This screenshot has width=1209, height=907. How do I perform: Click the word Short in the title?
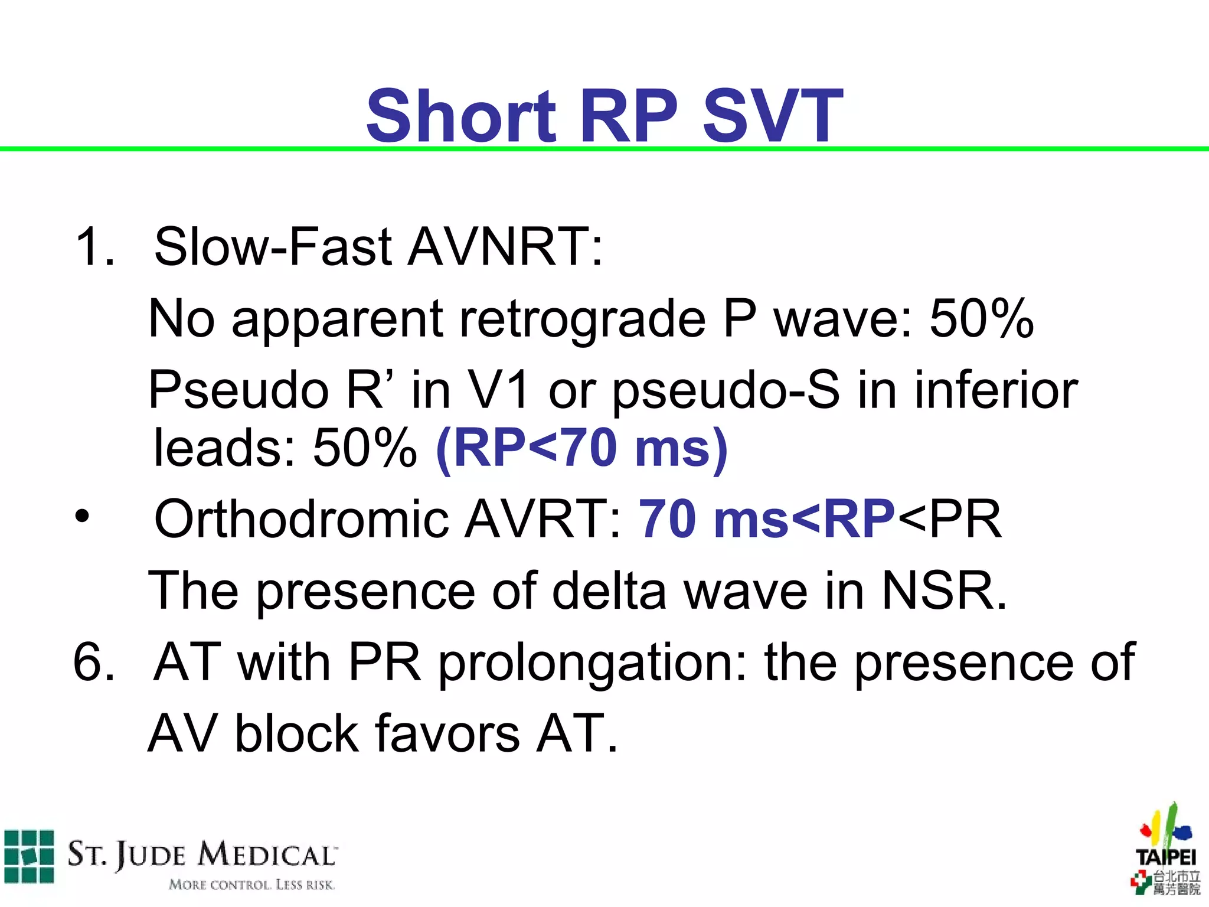click(460, 116)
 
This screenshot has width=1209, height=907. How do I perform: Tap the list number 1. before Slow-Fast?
click(94, 247)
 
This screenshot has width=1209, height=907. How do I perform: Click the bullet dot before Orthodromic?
click(82, 517)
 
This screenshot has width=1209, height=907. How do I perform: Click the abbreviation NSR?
click(943, 590)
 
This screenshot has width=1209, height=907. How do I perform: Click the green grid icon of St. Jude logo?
click(28, 856)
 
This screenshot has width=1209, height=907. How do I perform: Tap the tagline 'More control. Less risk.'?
click(251, 885)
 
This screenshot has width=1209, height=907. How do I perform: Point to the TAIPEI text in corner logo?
click(1166, 857)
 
